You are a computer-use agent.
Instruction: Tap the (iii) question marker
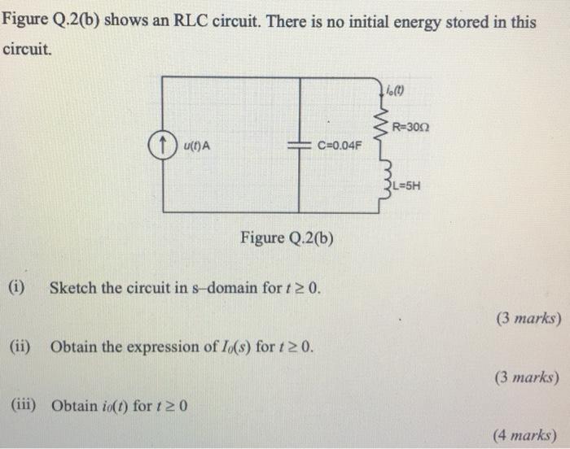[x=25, y=404]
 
